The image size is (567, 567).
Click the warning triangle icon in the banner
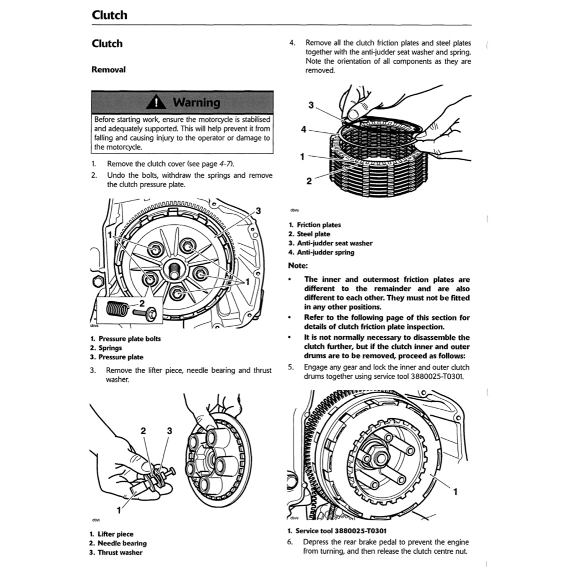coord(157,102)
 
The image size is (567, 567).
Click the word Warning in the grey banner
coord(196,102)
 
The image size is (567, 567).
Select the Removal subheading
coord(108,70)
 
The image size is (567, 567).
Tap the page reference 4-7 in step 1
coord(225,164)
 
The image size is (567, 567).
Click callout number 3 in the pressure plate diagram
coord(258,211)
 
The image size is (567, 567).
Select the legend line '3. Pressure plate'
coord(116,357)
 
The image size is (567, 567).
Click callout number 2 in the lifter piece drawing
coord(143,431)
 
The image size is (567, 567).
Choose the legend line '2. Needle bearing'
coord(118,543)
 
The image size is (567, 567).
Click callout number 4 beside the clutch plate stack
coord(303,130)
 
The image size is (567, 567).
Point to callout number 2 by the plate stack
coord(309,181)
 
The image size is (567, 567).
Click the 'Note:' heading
coord(298,265)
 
